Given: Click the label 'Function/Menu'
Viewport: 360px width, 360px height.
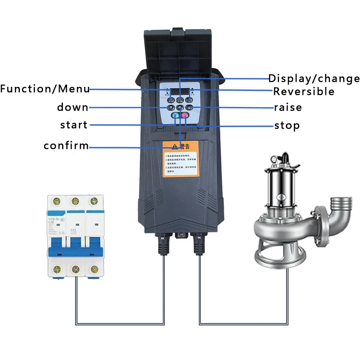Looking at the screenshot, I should (x=45, y=89).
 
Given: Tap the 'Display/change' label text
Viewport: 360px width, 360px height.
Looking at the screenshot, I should (x=314, y=78).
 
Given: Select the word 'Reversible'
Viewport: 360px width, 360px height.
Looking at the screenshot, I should (x=304, y=92).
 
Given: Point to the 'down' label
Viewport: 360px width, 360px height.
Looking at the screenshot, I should (x=72, y=108).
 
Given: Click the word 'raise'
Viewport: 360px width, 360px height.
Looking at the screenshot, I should (x=288, y=108).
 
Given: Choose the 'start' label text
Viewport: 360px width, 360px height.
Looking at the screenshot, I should (x=74, y=125).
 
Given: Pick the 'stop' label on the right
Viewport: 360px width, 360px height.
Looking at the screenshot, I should (x=287, y=125).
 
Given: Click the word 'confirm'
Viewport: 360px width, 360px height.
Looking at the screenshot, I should (x=66, y=146).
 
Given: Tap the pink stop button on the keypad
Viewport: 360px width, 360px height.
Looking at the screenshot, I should (x=184, y=117).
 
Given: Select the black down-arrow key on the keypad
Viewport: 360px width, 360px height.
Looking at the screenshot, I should (x=171, y=108).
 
